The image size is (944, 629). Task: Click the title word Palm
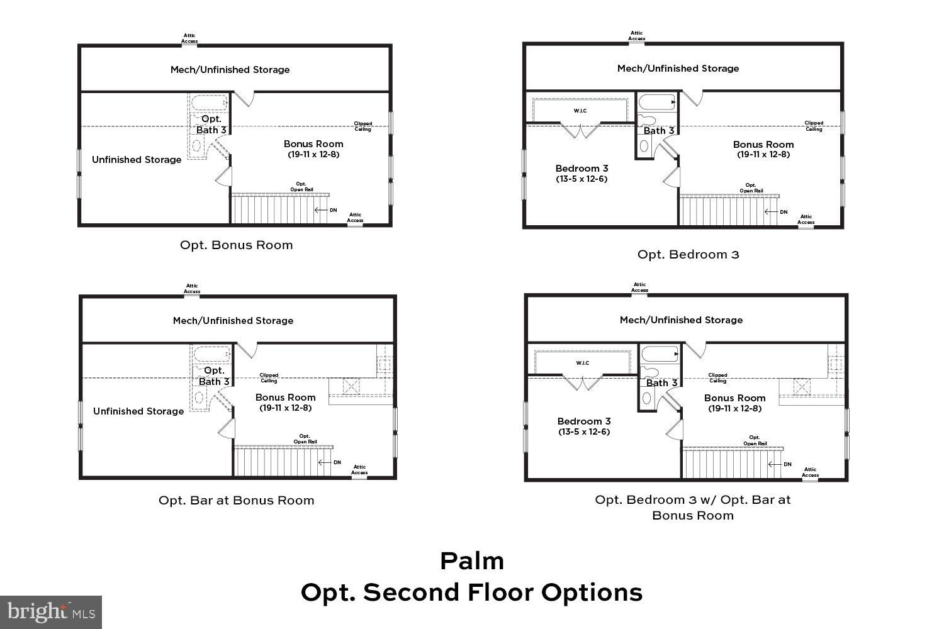coord(472,561)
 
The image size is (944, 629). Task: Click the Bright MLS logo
coord(51,611)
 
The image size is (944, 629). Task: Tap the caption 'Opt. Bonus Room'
coord(236,245)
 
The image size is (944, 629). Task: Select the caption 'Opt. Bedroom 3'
coord(688,255)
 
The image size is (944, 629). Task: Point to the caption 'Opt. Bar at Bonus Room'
coord(236,501)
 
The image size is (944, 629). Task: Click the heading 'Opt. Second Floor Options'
coord(472,593)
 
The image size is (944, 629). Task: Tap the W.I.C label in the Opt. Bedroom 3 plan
coord(580,111)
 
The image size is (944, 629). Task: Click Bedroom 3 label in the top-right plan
coord(582,169)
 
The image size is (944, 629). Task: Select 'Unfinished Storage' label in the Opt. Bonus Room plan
coord(137,160)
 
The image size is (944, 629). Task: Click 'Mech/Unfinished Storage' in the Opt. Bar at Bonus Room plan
coord(233,321)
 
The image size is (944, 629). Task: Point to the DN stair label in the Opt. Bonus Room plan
coord(333,210)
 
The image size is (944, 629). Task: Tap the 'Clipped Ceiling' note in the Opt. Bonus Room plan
coord(363,126)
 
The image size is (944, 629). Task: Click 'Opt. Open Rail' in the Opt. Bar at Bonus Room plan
coord(305,439)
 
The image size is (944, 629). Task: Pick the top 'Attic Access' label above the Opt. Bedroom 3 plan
coord(637,36)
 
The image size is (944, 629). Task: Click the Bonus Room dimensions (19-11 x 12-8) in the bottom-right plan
coord(734,408)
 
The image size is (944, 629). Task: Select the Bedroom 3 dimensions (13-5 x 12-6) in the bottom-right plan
coord(583,431)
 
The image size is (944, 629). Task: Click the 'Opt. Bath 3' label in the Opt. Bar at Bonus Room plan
coord(214,376)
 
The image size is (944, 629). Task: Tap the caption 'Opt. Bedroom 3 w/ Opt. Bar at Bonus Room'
coord(692,508)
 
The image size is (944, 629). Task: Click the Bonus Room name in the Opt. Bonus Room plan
coord(313,144)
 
